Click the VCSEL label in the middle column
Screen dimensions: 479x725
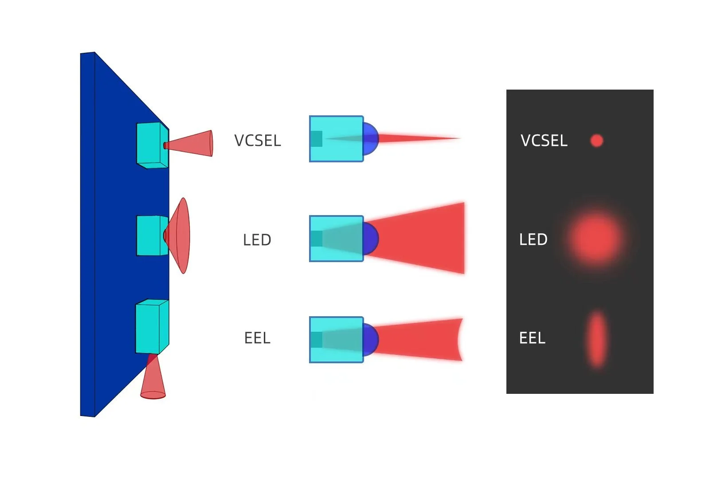coord(257,141)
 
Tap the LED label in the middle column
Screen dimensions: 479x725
coord(257,240)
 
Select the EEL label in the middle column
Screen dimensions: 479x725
coord(257,338)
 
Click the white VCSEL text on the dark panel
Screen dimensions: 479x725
coord(544,141)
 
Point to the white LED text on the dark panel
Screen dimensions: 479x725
coord(533,239)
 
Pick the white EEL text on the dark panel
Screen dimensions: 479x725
coord(532,338)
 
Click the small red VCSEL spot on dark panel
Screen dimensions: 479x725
coord(597,141)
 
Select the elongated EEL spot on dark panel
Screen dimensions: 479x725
coord(597,339)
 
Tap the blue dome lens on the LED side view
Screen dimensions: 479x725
coord(371,239)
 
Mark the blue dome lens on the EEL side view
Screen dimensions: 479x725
coord(371,340)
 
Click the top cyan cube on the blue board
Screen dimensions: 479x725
coord(151,144)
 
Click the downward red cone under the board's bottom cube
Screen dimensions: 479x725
coord(153,381)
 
